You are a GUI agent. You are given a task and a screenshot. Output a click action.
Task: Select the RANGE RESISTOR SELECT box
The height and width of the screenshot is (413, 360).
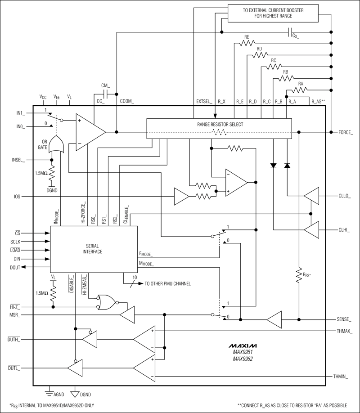(219, 128)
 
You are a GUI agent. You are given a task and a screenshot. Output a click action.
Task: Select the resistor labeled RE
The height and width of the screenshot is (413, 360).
(247, 43)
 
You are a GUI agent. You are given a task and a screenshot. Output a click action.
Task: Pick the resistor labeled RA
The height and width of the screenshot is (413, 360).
(301, 89)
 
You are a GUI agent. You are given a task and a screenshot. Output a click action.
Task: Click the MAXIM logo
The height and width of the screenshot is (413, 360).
(243, 346)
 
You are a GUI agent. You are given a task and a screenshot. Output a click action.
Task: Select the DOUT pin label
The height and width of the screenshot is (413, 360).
(15, 267)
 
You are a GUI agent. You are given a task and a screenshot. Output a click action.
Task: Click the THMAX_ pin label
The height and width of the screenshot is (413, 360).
(345, 331)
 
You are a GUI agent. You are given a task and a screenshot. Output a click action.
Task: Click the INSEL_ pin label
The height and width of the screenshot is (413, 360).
(18, 159)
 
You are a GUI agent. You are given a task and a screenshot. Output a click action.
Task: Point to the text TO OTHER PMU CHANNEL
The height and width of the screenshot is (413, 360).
(167, 284)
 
